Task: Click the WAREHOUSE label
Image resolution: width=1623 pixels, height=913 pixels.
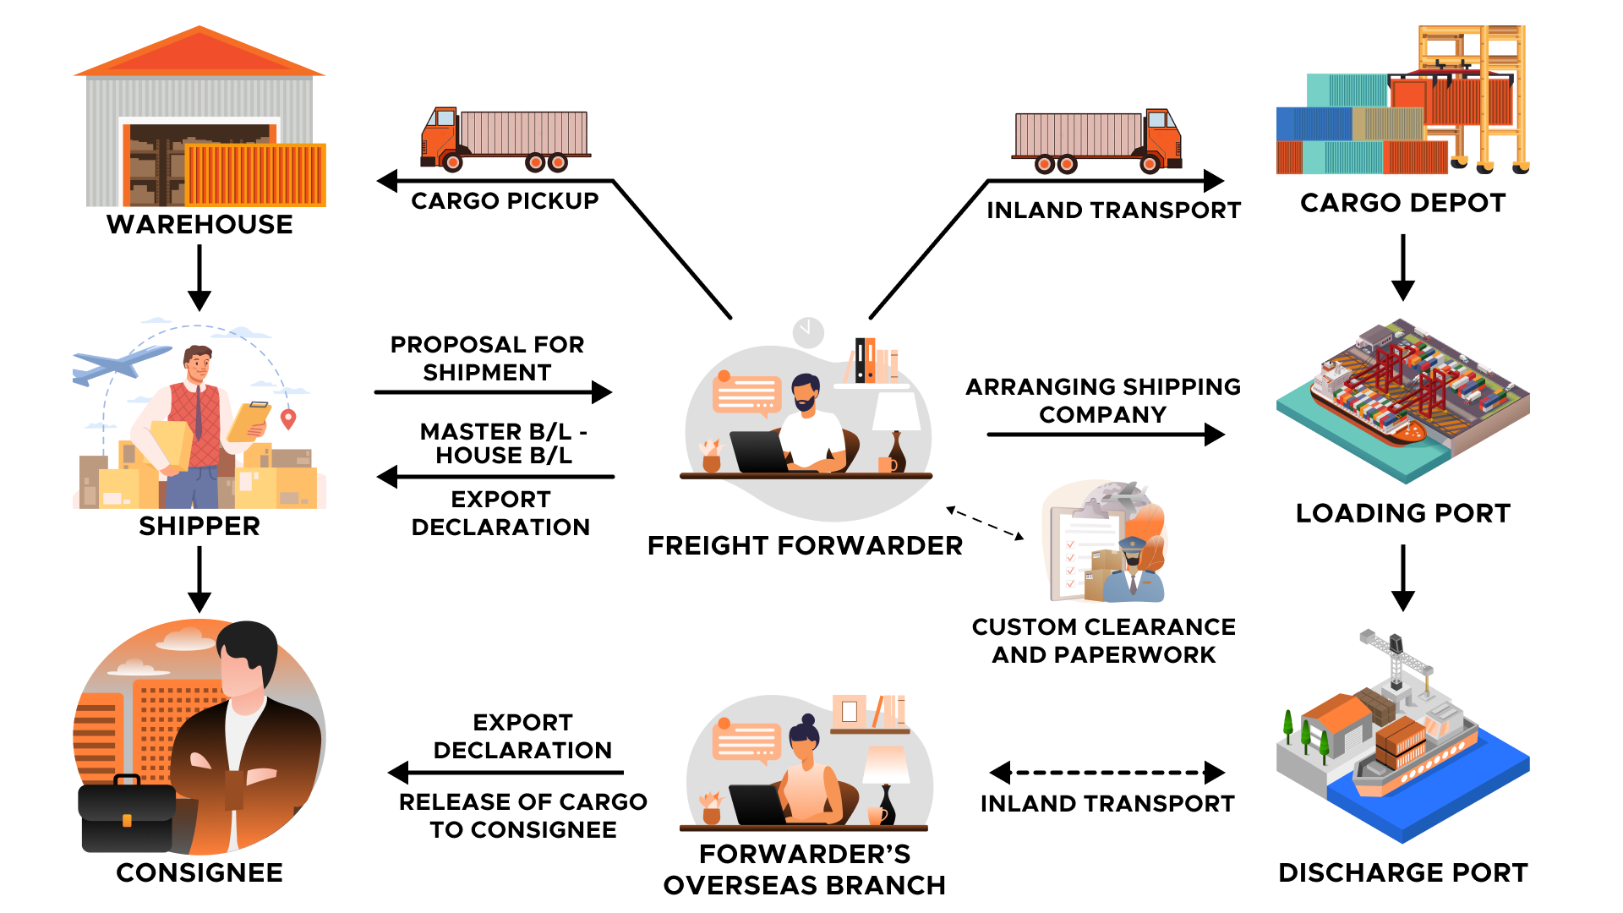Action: coord(199,224)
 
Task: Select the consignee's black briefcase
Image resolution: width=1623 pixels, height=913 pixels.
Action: coord(127,815)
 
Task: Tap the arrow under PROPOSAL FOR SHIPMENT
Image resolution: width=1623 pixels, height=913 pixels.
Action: coord(493,392)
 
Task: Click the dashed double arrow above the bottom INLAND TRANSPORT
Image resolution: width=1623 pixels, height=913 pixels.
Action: coord(1107,773)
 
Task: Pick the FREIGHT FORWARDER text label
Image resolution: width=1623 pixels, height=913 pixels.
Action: coord(805,545)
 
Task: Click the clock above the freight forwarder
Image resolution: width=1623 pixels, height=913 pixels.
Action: coord(808,332)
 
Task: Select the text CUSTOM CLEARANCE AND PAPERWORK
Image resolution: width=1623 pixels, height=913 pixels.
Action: coord(1103,640)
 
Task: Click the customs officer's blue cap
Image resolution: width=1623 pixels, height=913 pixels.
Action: coord(1132,543)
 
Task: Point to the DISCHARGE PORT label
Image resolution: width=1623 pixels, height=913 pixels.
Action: coord(1402,872)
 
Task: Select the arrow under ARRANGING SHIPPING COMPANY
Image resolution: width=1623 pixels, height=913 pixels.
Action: coord(1105,435)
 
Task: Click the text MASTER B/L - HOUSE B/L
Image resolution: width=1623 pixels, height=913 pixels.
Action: coord(504,443)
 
